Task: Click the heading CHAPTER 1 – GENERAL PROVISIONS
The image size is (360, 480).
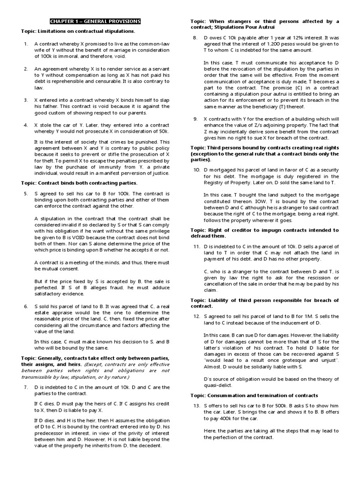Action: (95, 22)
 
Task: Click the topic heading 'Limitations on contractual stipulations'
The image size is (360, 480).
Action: (78, 31)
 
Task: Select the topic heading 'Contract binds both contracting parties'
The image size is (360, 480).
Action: (79, 182)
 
